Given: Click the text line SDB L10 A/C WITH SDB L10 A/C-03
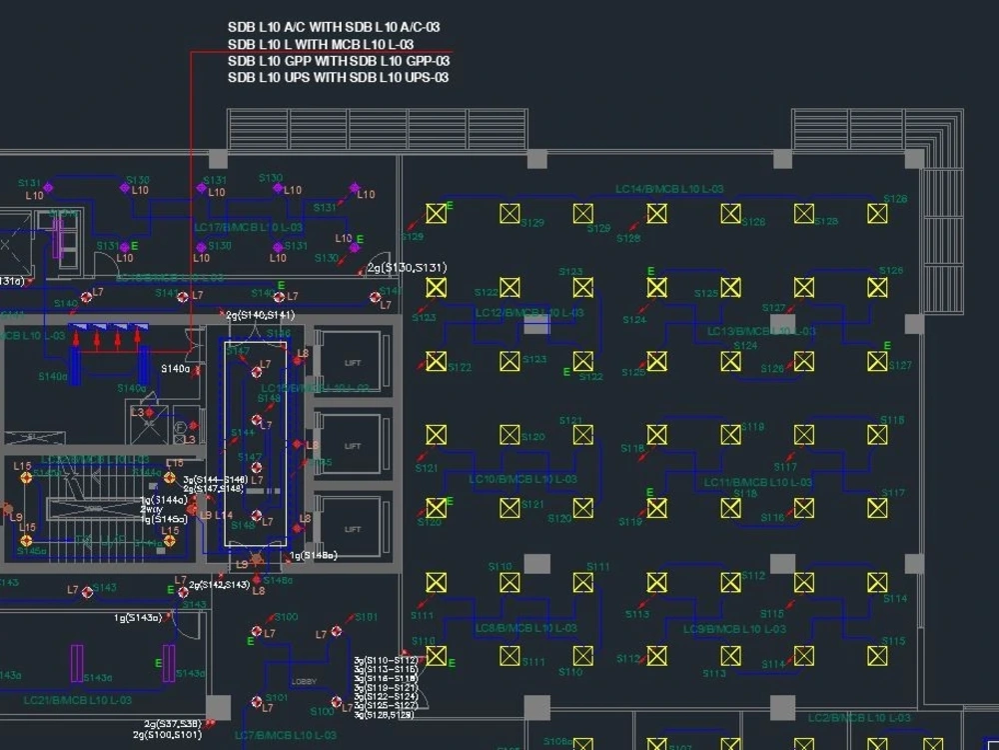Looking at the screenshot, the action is coord(334,28).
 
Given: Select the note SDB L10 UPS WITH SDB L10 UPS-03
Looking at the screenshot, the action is coord(338,77).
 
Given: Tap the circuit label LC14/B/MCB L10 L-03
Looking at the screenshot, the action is coord(669,189).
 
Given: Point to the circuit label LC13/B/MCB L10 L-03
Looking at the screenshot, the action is coord(761,331).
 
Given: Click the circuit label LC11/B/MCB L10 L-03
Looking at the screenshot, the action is coord(757,482).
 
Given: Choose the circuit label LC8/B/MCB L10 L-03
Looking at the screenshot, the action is coord(525,629).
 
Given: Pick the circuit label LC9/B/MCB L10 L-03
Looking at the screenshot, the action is coord(735,629).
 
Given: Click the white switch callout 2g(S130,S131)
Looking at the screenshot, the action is coord(407,268).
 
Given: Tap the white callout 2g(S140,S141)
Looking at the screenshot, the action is coord(260,315).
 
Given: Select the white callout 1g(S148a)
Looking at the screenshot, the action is coord(314,556).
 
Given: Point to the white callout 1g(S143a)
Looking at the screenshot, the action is coord(138,618).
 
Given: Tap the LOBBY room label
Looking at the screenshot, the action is coord(304,681).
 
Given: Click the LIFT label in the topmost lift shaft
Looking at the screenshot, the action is coord(352,363).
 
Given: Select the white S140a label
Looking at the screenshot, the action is coord(176,369).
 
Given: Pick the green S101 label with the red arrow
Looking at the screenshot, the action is coord(366,617).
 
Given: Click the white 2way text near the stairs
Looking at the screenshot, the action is coord(150,509).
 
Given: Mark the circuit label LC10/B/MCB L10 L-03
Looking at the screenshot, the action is coord(522,479).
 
